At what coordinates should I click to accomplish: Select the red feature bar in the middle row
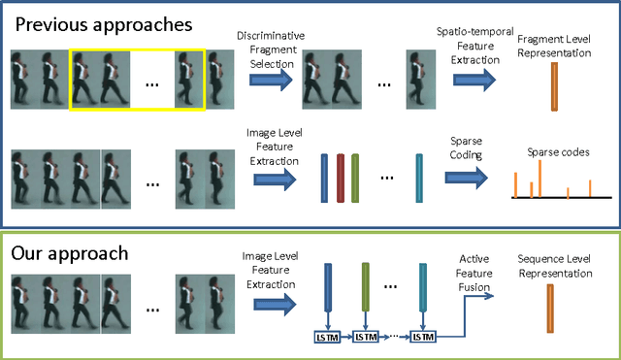[x=340, y=178]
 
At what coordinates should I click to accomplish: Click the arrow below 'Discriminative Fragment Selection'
[x=265, y=81]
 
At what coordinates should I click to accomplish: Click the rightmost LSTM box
[x=421, y=336]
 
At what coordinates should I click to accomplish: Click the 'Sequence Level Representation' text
[x=555, y=266]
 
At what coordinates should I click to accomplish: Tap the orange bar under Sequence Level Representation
[x=550, y=314]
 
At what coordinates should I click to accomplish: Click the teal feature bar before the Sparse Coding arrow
[x=418, y=178]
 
